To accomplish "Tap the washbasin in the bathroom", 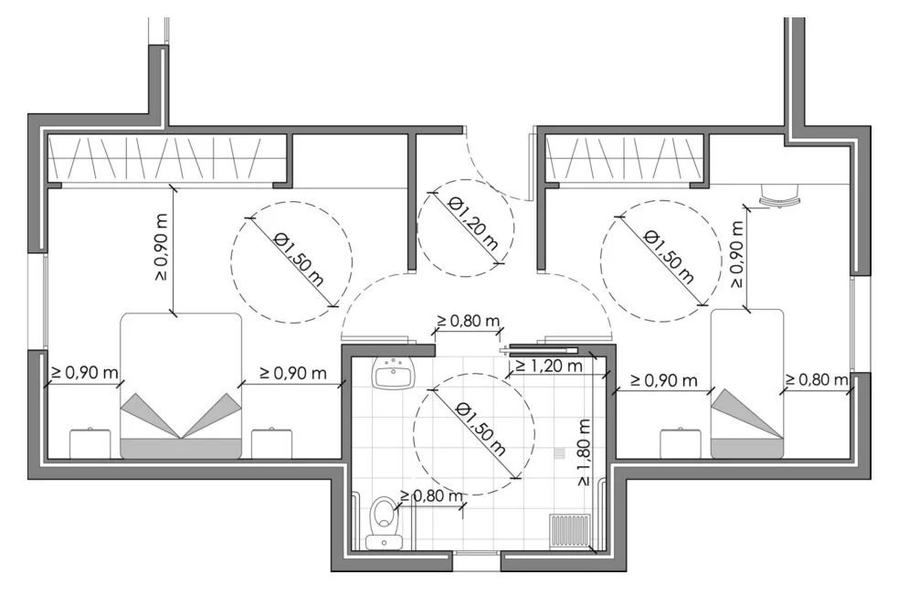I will tap(394, 373).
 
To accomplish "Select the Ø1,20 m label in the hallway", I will tap(473, 223).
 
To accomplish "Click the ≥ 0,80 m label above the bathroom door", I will tap(468, 322).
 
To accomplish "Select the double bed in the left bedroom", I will tap(182, 385).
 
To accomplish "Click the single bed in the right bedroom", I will tap(747, 383).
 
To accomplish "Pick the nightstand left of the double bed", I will tap(90, 442).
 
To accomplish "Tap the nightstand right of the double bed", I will tap(271, 442).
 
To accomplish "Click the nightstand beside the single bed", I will tap(681, 442).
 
